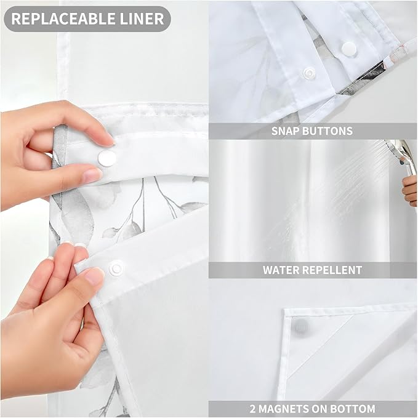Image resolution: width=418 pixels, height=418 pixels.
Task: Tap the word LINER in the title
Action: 141,18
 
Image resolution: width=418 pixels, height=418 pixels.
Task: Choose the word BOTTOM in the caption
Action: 353,408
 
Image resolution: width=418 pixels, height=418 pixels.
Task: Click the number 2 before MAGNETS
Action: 253,408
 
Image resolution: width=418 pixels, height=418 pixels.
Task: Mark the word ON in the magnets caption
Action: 323,408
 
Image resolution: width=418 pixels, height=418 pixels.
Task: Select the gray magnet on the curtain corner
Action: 300,326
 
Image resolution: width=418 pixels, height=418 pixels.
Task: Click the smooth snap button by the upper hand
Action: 107,159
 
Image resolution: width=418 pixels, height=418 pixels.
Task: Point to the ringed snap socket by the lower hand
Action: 116,268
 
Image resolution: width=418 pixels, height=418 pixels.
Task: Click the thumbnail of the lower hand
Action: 94,276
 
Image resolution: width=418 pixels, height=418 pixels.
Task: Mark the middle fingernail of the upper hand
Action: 92,175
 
